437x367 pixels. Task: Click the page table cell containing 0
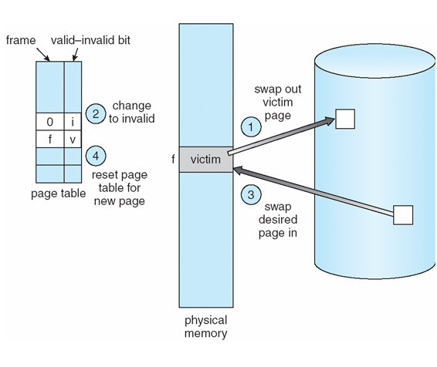[x=49, y=122]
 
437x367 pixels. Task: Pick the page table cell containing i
[x=73, y=122]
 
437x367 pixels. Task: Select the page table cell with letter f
[x=49, y=140]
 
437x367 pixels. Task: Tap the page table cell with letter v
[x=73, y=140]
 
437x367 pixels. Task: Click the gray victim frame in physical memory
[x=205, y=160]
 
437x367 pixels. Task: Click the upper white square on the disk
[x=344, y=119]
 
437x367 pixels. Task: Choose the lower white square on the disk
[x=403, y=215]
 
